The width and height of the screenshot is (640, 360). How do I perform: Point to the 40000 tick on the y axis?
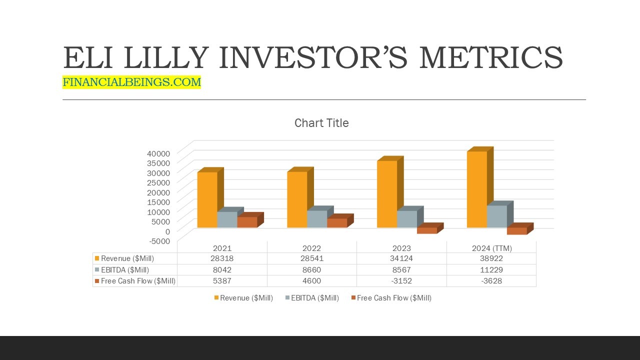pos(158,153)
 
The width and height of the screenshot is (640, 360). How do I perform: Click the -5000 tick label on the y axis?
pos(159,241)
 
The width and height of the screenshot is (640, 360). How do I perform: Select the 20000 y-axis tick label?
pos(158,192)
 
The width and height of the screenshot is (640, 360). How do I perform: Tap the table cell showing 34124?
pos(401,258)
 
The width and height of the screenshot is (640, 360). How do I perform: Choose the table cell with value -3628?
pos(491,281)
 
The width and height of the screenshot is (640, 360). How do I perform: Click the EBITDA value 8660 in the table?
pos(311,269)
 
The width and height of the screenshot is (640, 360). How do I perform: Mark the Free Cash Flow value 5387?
pos(222,281)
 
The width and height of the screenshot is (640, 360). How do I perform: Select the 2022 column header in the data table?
pos(311,248)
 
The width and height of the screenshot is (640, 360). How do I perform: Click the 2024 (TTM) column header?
pos(491,248)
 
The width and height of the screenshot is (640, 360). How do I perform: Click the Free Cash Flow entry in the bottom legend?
pos(391,298)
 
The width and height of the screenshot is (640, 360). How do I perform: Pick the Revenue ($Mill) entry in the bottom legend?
pos(243,298)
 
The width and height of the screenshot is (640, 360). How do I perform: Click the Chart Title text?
pos(321,123)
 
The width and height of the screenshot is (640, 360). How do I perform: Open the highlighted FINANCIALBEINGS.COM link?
pos(131,82)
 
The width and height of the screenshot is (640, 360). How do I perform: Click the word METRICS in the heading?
pos(491,57)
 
